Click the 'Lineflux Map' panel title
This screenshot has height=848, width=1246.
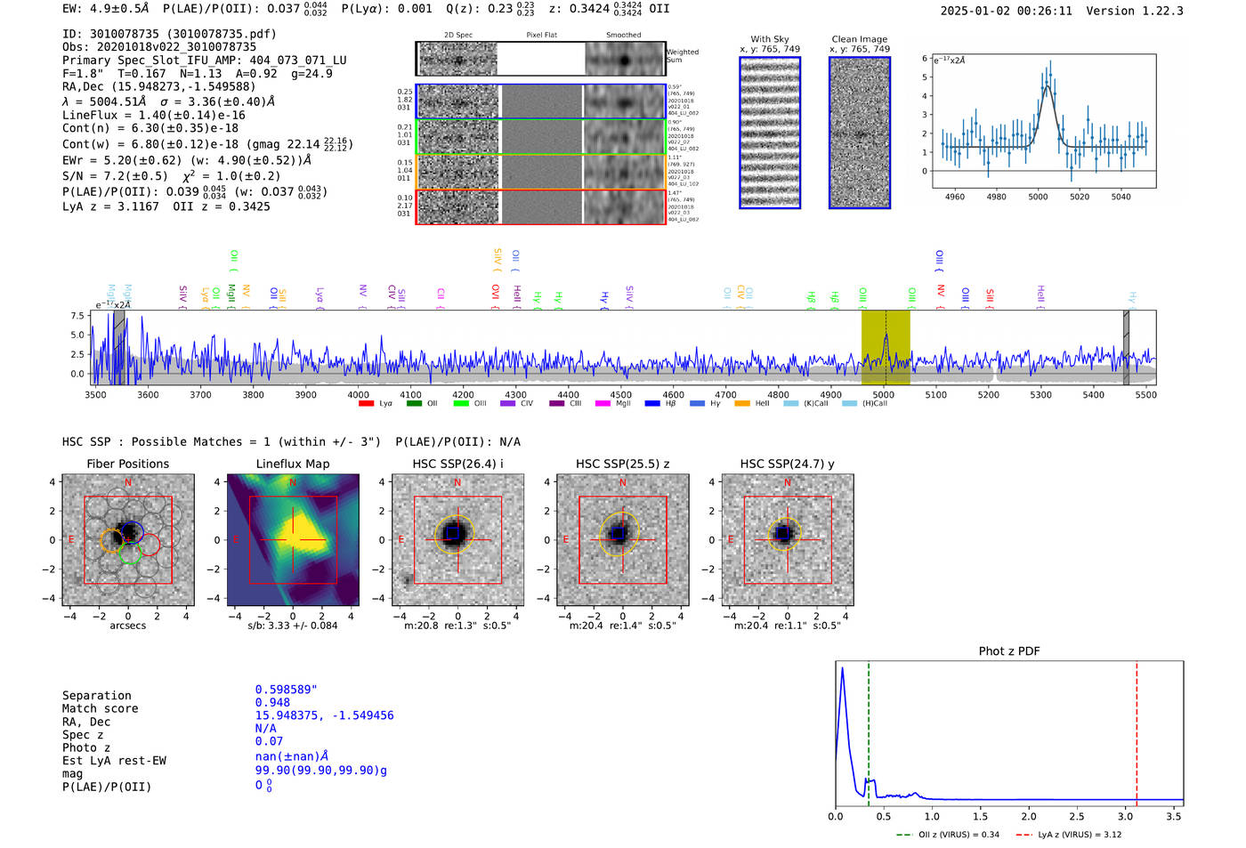pyautogui.click(x=292, y=464)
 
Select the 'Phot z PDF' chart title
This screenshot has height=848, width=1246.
pyautogui.click(x=1009, y=650)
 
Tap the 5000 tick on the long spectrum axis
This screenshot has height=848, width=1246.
pyautogui.click(x=883, y=394)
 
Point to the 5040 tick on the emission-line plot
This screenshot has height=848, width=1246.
pyautogui.click(x=1121, y=197)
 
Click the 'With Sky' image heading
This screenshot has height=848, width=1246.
pyautogui.click(x=770, y=39)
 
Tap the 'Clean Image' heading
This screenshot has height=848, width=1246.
pyautogui.click(x=859, y=39)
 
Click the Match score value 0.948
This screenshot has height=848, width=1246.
pyautogui.click(x=272, y=702)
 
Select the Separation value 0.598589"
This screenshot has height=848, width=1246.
pyautogui.click(x=286, y=690)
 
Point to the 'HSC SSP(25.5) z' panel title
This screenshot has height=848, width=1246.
pyautogui.click(x=622, y=464)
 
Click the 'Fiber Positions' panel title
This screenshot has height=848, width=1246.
pyautogui.click(x=127, y=464)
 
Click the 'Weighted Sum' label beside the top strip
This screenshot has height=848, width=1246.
pyautogui.click(x=683, y=56)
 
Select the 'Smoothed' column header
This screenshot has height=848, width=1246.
pyautogui.click(x=623, y=35)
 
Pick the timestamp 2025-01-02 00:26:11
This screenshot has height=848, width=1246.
pyautogui.click(x=1006, y=11)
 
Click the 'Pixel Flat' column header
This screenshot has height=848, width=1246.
pyautogui.click(x=541, y=35)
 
